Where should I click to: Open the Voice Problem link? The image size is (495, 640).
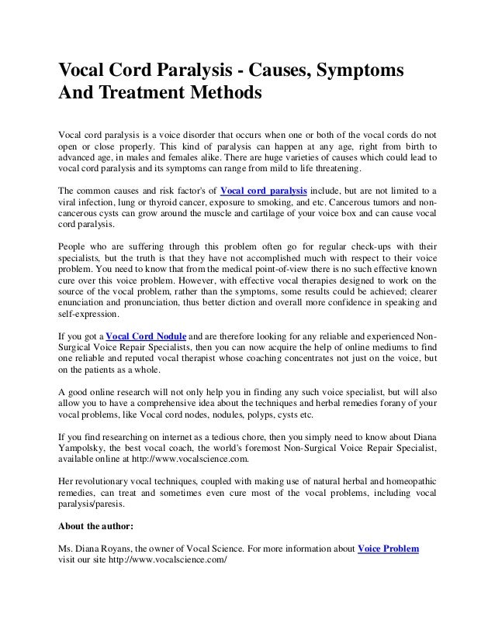point(388,549)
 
